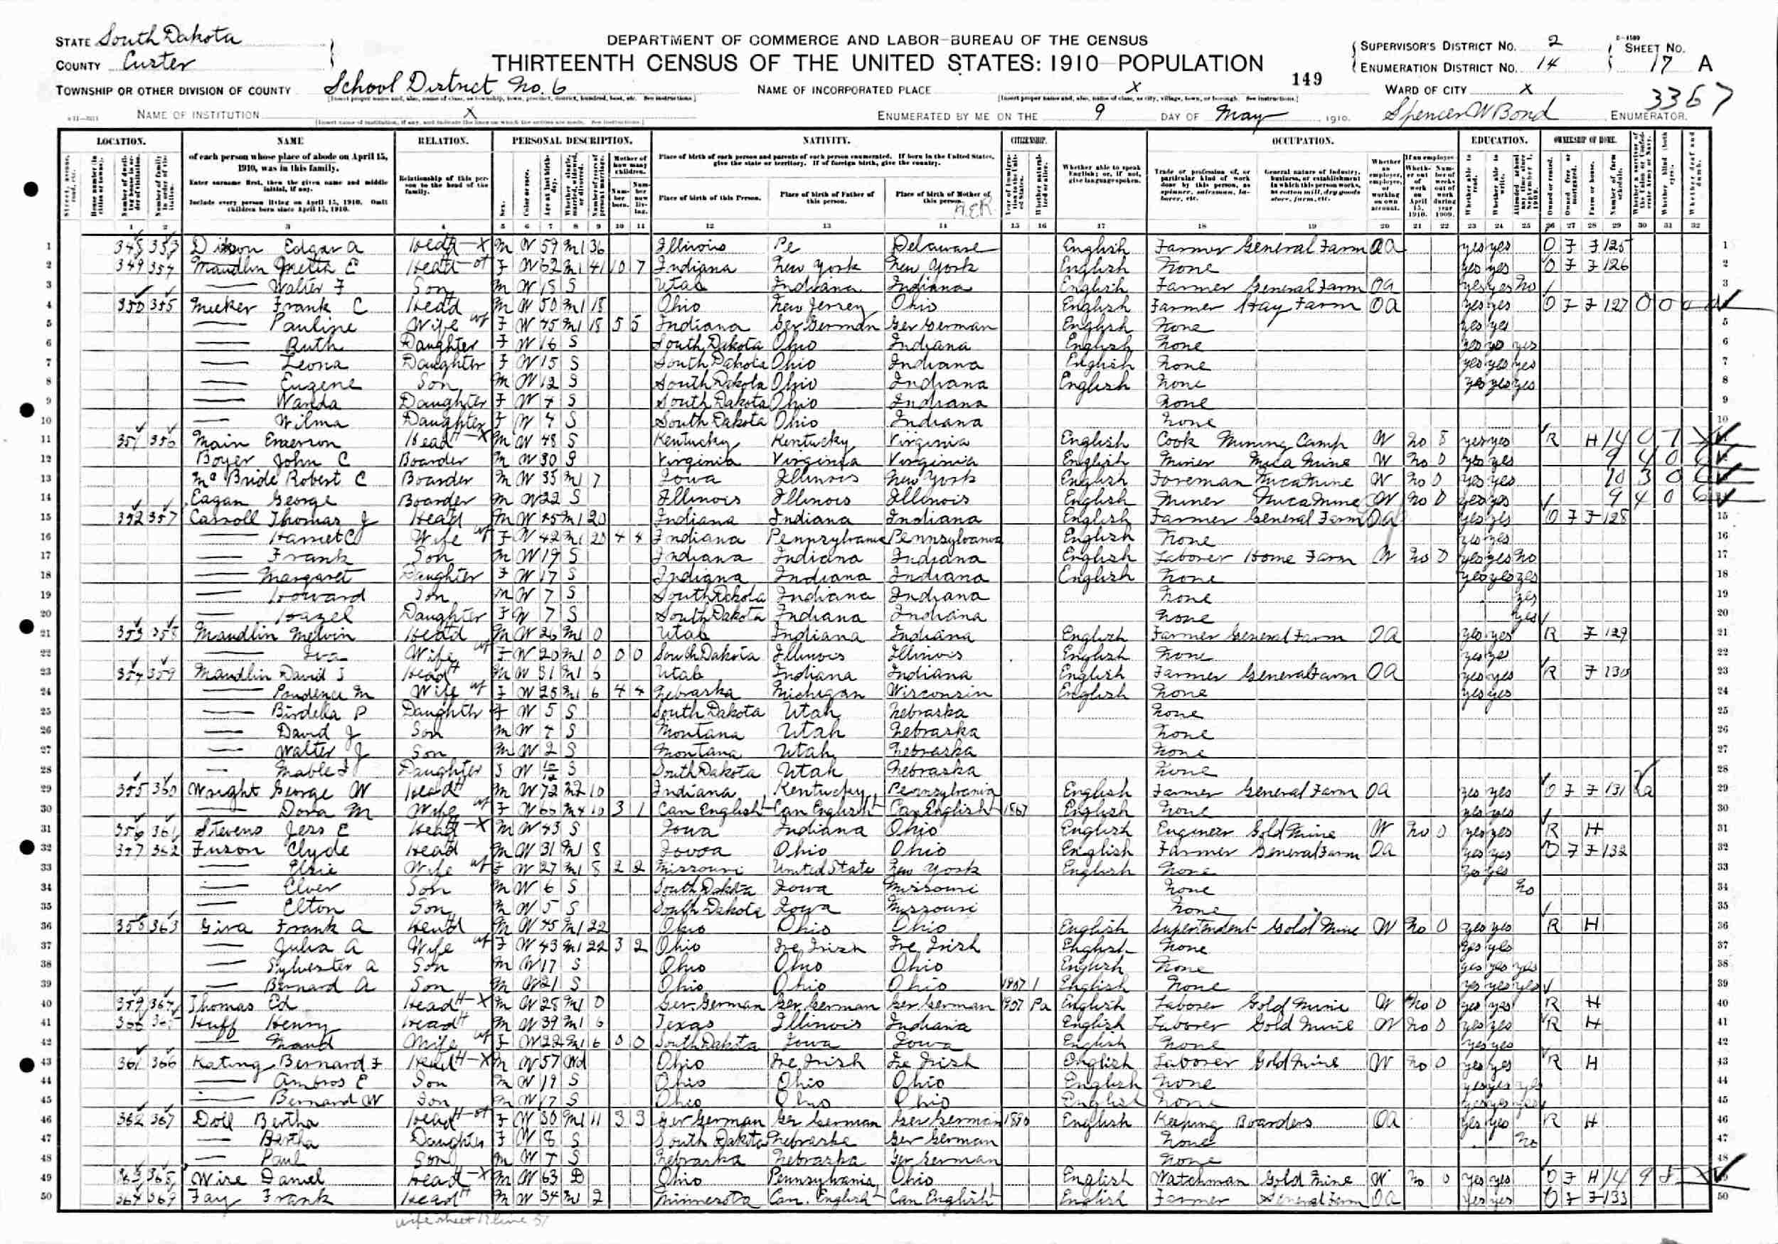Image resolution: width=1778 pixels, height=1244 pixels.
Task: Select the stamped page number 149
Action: [x=1306, y=79]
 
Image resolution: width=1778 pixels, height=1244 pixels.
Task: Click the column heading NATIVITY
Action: [x=826, y=141]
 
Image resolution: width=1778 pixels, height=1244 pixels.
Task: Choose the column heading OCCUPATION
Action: [x=1301, y=141]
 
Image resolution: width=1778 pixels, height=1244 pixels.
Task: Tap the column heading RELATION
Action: [x=443, y=141]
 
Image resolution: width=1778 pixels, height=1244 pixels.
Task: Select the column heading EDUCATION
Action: [x=1499, y=141]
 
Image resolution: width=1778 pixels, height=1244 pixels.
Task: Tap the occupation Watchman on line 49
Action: [x=1188, y=1180]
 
